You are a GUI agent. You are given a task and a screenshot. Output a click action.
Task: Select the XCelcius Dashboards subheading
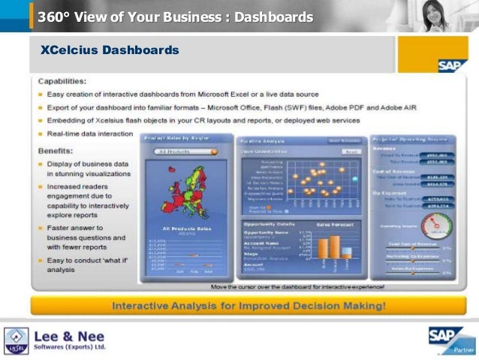(x=110, y=52)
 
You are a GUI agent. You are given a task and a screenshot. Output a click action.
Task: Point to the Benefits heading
(x=56, y=150)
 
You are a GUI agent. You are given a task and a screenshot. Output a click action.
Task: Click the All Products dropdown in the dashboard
(x=184, y=151)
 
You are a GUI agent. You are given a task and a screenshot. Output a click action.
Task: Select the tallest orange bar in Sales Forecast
(x=325, y=247)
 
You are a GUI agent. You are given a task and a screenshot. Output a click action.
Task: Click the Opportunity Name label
(x=264, y=233)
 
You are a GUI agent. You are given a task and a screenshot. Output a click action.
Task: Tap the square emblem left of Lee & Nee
(x=16, y=340)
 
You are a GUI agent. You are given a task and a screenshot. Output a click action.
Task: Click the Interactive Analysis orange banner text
(x=249, y=305)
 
